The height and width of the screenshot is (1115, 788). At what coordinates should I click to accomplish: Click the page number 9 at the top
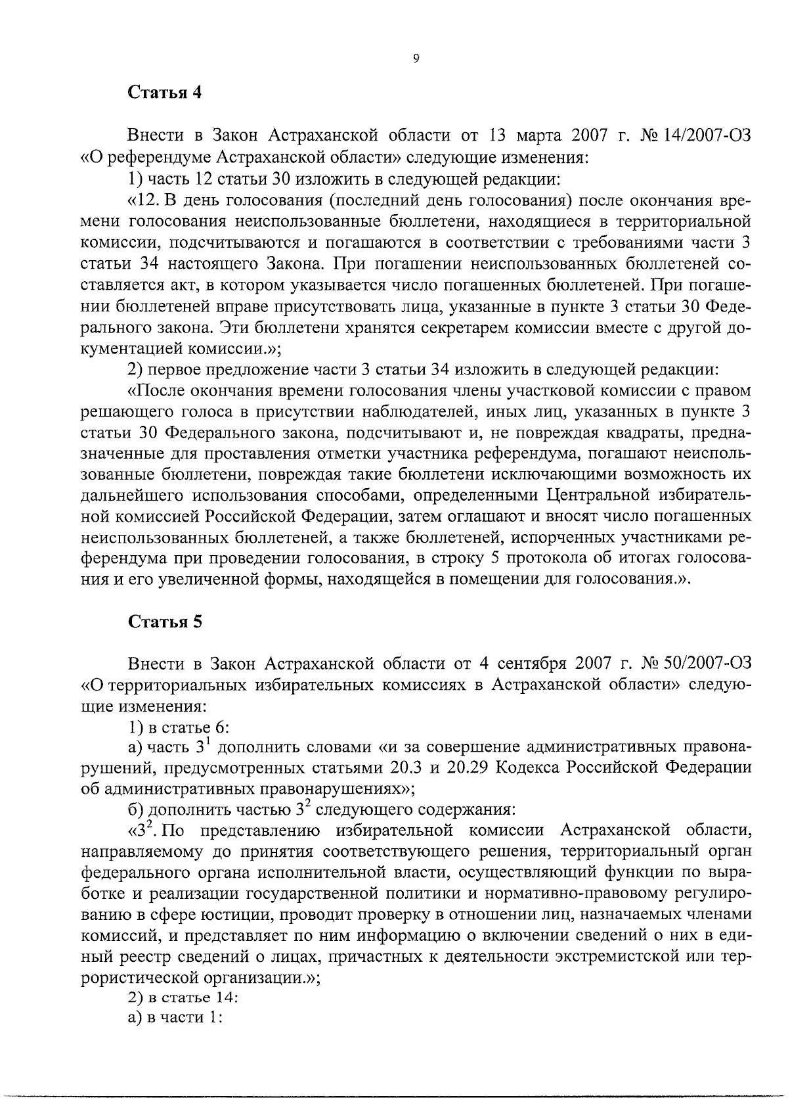416,58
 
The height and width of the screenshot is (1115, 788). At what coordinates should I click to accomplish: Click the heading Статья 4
164,92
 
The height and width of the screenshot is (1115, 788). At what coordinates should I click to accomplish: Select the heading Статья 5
164,622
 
